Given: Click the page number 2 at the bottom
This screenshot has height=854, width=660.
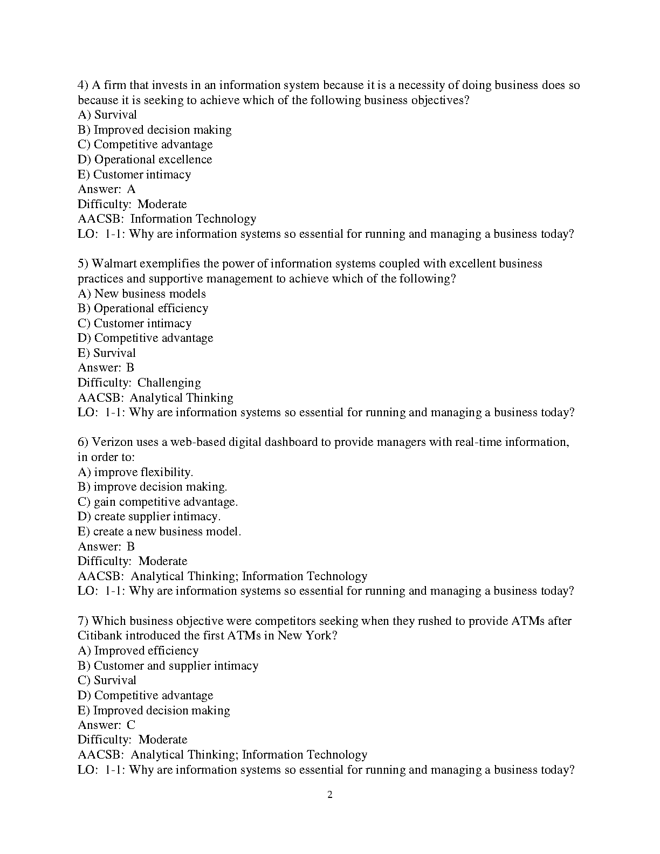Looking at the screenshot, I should coord(330,795).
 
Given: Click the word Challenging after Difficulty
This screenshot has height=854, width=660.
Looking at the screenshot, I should coord(169,383).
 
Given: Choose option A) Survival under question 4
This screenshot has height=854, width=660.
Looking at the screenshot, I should coord(107,115).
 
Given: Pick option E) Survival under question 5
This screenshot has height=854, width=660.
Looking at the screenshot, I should coord(107,353).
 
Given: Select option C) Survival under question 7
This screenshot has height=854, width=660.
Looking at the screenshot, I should coord(107,680).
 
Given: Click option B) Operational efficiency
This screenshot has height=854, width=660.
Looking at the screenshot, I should coord(143,308).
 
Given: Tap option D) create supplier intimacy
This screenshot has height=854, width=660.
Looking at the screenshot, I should coord(149,516).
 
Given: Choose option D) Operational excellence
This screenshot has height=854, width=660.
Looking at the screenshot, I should coord(145,160).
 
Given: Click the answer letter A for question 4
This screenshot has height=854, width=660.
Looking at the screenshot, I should coord(132,189).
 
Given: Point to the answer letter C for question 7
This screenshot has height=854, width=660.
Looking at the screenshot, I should coord(131,725).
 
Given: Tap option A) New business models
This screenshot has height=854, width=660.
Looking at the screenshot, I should coord(142,294).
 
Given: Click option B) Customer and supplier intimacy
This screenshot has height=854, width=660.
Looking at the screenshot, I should coord(168,666).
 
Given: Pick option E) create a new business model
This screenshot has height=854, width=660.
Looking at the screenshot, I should coord(159,532).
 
